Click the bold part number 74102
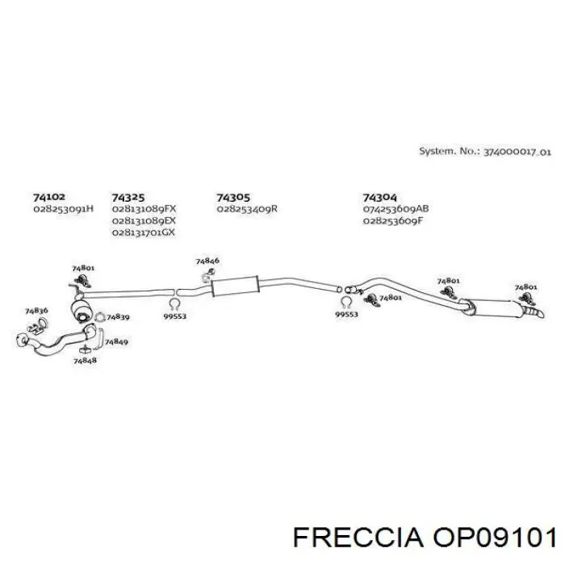pyautogui.click(x=49, y=197)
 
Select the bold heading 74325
pyautogui.click(x=128, y=198)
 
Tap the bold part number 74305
pyautogui.click(x=233, y=198)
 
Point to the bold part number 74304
pyautogui.click(x=379, y=198)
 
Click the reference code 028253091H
pyautogui.click(x=64, y=208)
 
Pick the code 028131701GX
pyautogui.click(x=144, y=232)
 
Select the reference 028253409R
pyautogui.click(x=247, y=208)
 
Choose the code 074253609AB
pyautogui.click(x=395, y=208)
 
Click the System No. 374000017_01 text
pyautogui.click(x=485, y=152)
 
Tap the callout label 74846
pyautogui.click(x=207, y=261)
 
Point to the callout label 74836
pyautogui.click(x=36, y=311)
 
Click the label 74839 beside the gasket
pyautogui.click(x=118, y=317)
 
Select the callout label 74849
pyautogui.click(x=116, y=341)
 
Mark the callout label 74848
pyautogui.click(x=85, y=360)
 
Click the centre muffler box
pyautogui.click(x=236, y=286)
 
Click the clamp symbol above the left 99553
pyautogui.click(x=174, y=304)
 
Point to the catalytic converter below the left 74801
pyautogui.click(x=81, y=309)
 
